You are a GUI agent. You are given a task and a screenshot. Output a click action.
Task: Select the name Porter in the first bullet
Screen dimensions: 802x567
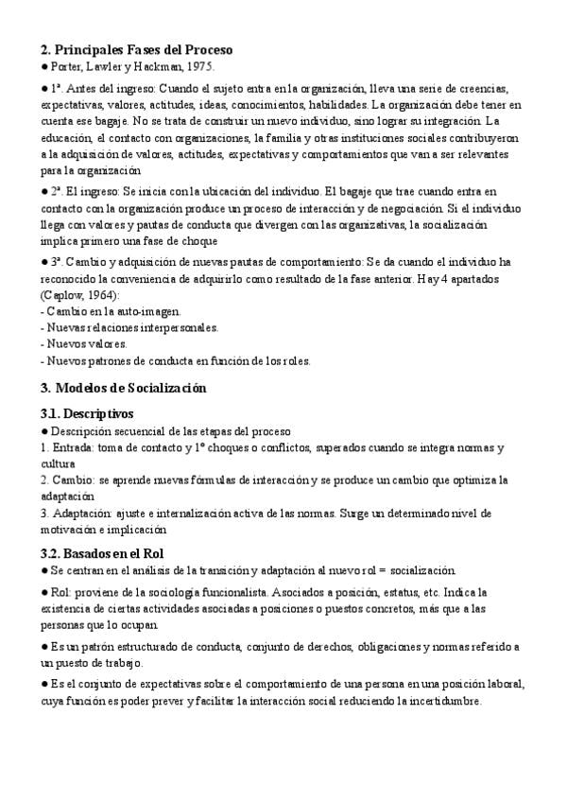(x=66, y=66)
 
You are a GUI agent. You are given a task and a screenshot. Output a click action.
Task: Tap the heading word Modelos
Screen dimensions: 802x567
(x=88, y=388)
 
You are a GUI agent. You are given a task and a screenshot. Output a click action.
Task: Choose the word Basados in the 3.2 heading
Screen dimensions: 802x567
(x=91, y=552)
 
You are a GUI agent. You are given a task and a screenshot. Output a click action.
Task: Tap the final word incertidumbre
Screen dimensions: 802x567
(x=438, y=701)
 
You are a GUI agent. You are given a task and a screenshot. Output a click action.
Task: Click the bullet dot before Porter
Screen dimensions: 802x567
(x=44, y=66)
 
